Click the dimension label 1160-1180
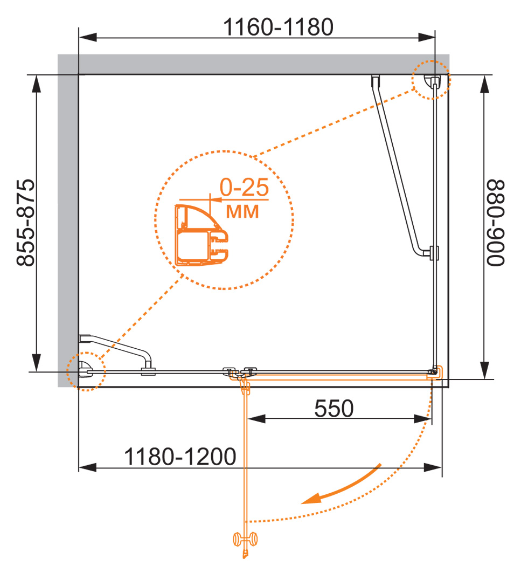(279, 26)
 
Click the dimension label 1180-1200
(180, 458)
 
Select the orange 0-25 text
(244, 188)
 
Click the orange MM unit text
(242, 211)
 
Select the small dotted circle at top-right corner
(431, 80)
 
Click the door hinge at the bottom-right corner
(434, 371)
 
